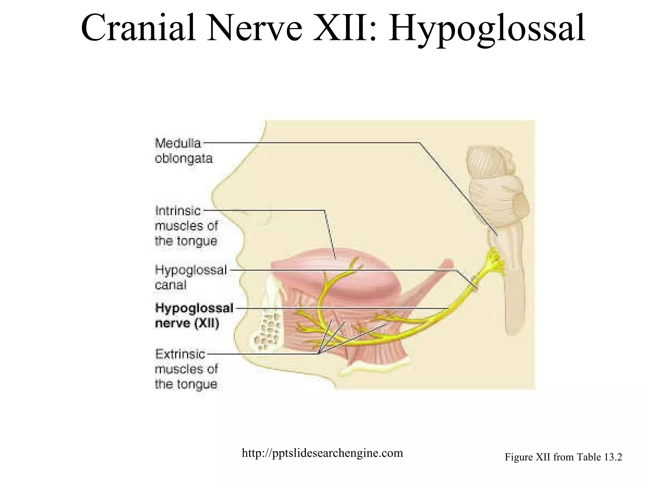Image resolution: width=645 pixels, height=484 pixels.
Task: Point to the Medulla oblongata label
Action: [183, 151]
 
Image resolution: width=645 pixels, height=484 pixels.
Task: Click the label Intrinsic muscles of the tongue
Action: [186, 226]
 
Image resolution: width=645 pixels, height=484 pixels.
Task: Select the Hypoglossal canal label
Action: [191, 278]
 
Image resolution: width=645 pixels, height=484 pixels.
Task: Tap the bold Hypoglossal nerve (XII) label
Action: [194, 316]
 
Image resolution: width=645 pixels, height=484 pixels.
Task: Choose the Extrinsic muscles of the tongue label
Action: [186, 369]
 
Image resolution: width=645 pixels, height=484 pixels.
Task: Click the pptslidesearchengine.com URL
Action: [322, 453]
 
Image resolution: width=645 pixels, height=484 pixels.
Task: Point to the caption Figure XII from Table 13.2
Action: [563, 457]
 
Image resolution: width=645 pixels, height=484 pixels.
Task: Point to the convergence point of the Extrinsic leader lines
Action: [318, 354]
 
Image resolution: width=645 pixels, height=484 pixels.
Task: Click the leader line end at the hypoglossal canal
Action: [476, 287]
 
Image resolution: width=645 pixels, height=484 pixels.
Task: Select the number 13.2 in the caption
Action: [613, 457]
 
